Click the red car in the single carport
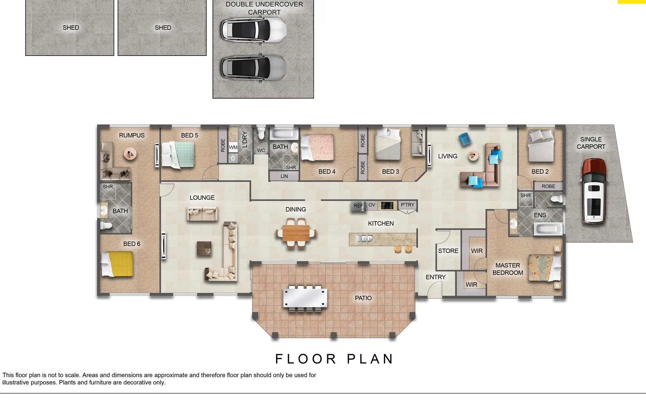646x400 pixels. pyautogui.click(x=594, y=191)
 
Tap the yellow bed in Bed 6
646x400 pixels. pyautogui.click(x=117, y=264)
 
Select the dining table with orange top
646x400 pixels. pyautogui.click(x=296, y=233)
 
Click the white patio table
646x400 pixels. pyautogui.click(x=305, y=298)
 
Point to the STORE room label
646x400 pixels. pyautogui.click(x=448, y=251)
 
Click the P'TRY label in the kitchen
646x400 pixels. pyautogui.click(x=407, y=205)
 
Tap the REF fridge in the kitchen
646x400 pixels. pyautogui.click(x=358, y=206)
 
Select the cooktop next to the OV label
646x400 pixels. pyautogui.click(x=387, y=205)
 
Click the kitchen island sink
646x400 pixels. pyautogui.click(x=364, y=239)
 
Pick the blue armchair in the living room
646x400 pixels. pyautogui.click(x=465, y=139)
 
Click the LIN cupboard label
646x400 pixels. pyautogui.click(x=284, y=176)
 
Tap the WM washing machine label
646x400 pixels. pyautogui.click(x=233, y=147)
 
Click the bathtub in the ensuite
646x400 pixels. pyautogui.click(x=548, y=229)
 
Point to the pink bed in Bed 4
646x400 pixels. pyautogui.click(x=318, y=147)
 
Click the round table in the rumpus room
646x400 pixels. pyautogui.click(x=130, y=153)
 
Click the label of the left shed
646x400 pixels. pyautogui.click(x=71, y=28)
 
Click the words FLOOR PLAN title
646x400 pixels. pyautogui.click(x=334, y=359)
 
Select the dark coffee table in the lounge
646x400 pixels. pyautogui.click(x=204, y=249)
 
